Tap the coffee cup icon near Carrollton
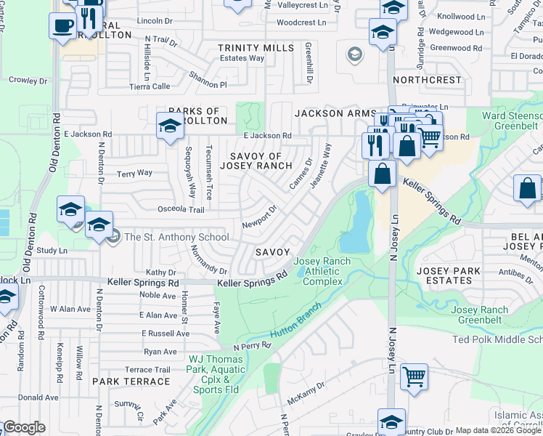[63, 26]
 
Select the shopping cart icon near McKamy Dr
[414, 377]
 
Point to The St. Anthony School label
[176, 237]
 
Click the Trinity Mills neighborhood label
[256, 48]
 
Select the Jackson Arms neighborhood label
[334, 113]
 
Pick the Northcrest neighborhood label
[428, 80]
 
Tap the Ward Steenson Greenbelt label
[513, 120]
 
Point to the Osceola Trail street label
[181, 209]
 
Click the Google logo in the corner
[24, 427]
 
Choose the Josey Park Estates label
[444, 275]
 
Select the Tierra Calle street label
[149, 86]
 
